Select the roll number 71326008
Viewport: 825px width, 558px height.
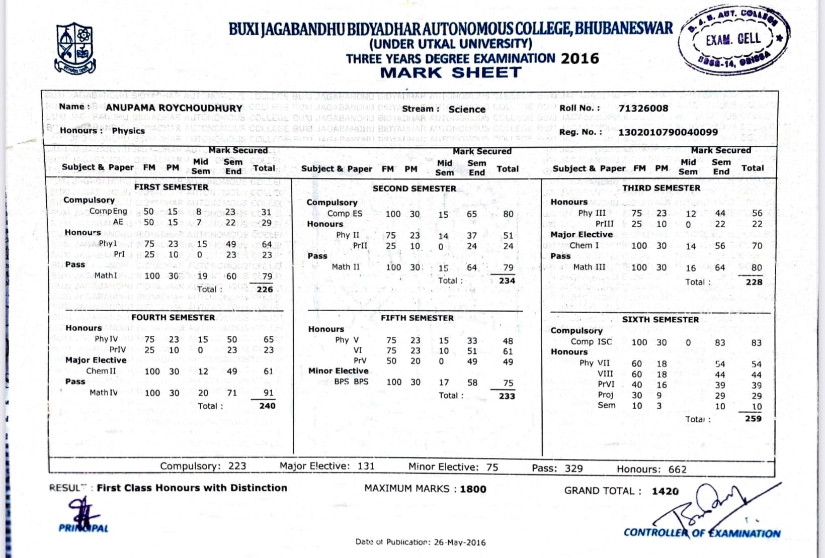pyautogui.click(x=643, y=108)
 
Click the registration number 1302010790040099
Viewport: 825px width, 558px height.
pyautogui.click(x=668, y=132)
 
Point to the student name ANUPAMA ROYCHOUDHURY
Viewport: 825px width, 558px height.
pyautogui.click(x=174, y=108)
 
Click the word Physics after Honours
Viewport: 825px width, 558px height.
pyautogui.click(x=128, y=131)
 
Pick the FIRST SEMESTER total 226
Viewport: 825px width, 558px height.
pyautogui.click(x=265, y=290)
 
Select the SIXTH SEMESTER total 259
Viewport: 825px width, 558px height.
pyautogui.click(x=753, y=419)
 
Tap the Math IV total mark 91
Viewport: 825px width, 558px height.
pyautogui.click(x=269, y=393)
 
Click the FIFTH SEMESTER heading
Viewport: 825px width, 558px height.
pyautogui.click(x=417, y=318)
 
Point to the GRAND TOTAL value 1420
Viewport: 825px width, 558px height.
pyautogui.click(x=665, y=491)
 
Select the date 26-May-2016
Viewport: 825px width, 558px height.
pyautogui.click(x=460, y=542)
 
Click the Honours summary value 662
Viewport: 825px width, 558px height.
pyautogui.click(x=677, y=470)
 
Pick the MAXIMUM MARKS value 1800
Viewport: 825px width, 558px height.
pyautogui.click(x=473, y=489)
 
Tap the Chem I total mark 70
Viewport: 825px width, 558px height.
pyautogui.click(x=757, y=246)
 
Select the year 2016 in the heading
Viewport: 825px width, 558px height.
pyautogui.click(x=580, y=59)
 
